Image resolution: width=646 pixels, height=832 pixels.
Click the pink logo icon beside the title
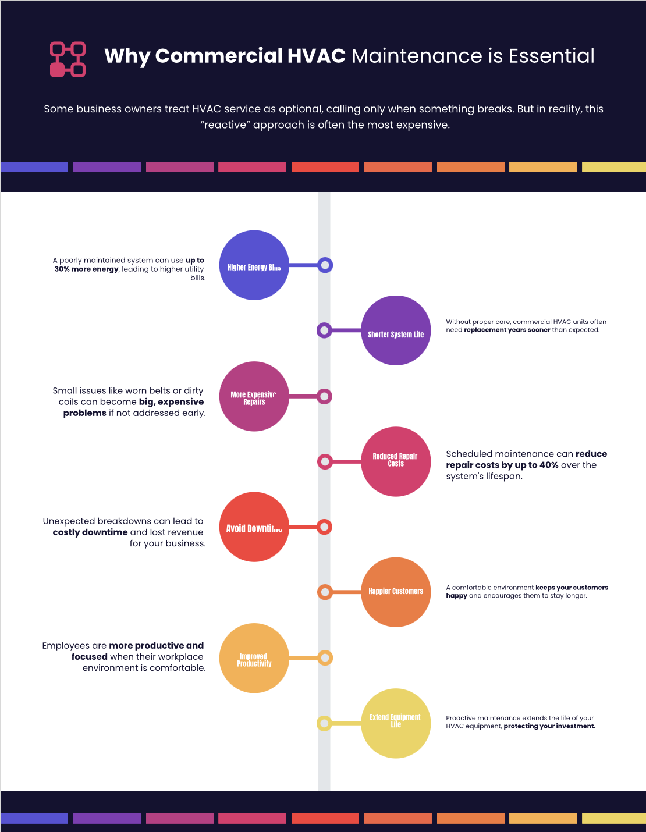(68, 59)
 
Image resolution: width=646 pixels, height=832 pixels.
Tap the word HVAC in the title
(316, 56)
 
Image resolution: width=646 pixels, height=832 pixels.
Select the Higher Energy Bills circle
(254, 265)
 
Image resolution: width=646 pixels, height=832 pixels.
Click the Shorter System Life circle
(396, 330)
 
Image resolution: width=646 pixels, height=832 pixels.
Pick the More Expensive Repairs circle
(254, 396)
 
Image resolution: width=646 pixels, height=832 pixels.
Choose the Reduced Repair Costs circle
(396, 462)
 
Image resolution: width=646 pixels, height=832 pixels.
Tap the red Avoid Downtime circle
(254, 527)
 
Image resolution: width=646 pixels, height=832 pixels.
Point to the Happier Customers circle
(396, 592)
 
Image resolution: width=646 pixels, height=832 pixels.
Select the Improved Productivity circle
(254, 658)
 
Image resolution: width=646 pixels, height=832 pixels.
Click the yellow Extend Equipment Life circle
(396, 723)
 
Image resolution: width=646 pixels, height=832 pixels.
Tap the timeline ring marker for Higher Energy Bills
(325, 265)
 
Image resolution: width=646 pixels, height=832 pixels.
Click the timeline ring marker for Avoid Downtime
(325, 527)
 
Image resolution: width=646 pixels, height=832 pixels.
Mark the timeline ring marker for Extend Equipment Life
(324, 724)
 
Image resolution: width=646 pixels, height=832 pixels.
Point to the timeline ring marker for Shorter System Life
(324, 330)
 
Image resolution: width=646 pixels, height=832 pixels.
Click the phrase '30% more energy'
(87, 269)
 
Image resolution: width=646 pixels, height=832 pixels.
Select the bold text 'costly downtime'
(90, 532)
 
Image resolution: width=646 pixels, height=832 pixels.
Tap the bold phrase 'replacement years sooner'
(507, 330)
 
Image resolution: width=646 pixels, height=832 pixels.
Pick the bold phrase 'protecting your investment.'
(549, 726)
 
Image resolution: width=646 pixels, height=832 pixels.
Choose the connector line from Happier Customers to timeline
(347, 592)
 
